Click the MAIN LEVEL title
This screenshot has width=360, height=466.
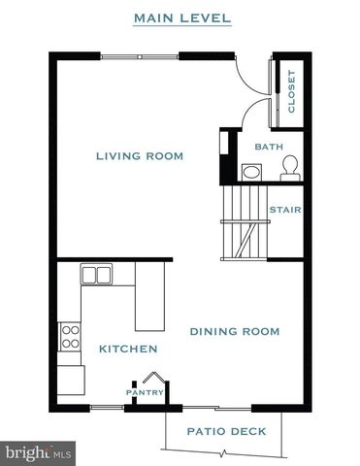tap(182, 17)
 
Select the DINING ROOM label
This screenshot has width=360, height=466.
tap(234, 332)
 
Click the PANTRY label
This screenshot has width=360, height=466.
tap(140, 393)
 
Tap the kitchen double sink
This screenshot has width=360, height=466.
tap(96, 275)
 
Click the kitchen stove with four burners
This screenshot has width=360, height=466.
tap(71, 338)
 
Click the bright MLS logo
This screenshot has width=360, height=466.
tap(39, 451)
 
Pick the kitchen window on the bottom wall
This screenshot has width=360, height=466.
tap(107, 405)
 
